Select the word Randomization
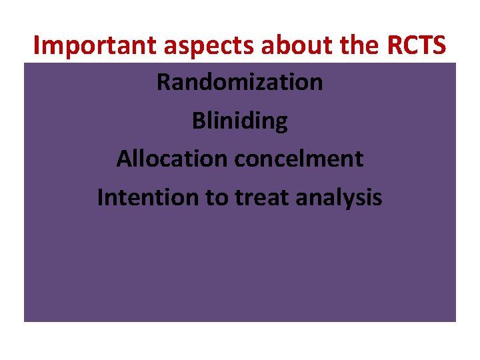[x=240, y=83]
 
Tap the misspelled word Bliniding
[x=240, y=121]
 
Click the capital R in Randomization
[x=163, y=83]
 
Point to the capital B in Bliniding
[x=199, y=121]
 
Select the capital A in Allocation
[x=124, y=159]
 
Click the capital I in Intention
[x=101, y=197]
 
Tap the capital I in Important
[x=37, y=45]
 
